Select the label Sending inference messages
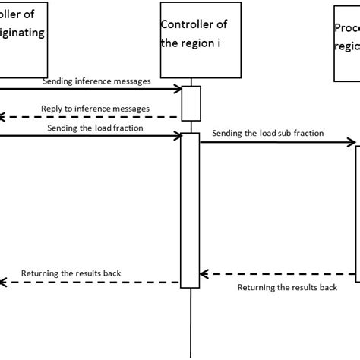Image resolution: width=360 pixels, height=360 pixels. (x=96, y=81)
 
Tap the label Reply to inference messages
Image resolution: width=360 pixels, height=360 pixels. (x=95, y=109)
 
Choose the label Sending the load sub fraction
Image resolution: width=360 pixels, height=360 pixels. (x=268, y=133)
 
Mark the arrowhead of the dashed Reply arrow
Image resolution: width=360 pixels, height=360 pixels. (x=3, y=117)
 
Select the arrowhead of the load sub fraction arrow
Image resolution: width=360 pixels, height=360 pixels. (x=351, y=141)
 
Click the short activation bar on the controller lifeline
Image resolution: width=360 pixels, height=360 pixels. (x=190, y=103)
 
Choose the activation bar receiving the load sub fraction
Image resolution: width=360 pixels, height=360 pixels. (x=358, y=213)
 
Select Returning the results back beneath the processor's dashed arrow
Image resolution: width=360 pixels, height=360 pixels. (x=287, y=288)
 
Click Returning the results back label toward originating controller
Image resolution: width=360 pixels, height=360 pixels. (x=71, y=273)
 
